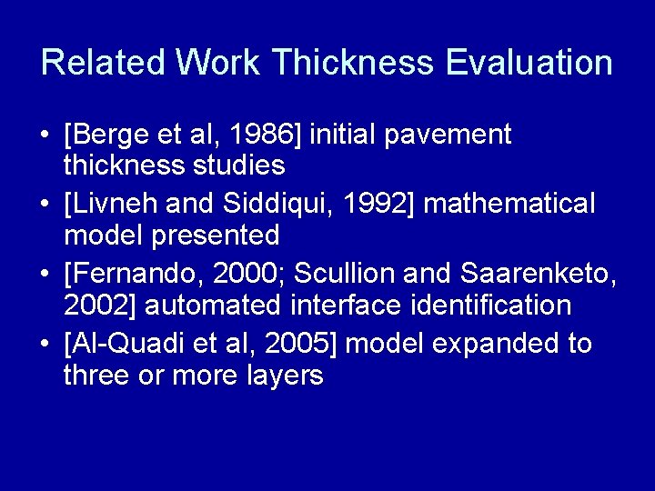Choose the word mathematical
pyautogui.click(x=509, y=205)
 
